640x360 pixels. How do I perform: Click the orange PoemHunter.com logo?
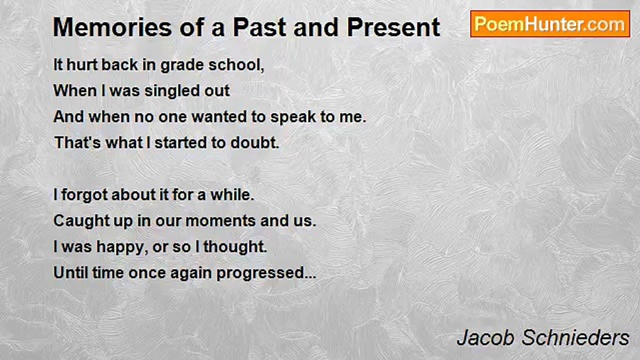pos(550,24)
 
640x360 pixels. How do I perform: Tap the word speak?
pos(292,117)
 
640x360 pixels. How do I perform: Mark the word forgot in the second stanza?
pos(84,195)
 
